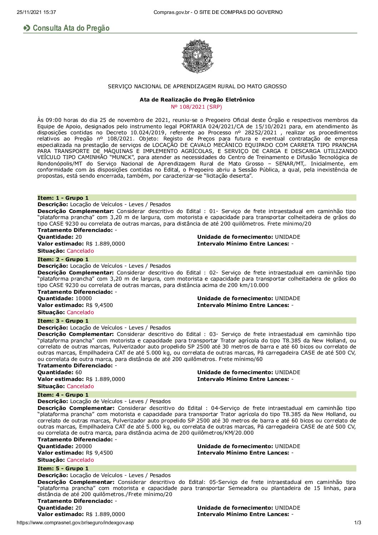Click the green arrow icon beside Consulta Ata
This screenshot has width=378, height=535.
(x=27, y=28)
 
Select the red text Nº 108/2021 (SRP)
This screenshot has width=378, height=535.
(x=197, y=106)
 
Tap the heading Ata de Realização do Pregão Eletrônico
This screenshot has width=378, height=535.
(x=197, y=100)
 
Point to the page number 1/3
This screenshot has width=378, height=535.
(x=357, y=523)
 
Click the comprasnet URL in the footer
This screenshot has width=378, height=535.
(x=75, y=523)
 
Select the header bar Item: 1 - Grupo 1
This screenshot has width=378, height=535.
(x=63, y=198)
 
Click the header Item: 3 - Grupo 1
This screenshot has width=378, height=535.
(x=63, y=321)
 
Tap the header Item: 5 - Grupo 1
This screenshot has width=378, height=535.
(x=63, y=469)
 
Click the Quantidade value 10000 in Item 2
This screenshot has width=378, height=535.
(x=84, y=298)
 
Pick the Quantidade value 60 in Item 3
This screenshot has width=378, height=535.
(x=79, y=372)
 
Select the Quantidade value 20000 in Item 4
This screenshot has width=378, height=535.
(x=84, y=446)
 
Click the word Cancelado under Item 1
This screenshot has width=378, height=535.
(x=80, y=251)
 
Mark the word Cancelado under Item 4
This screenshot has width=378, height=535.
(x=80, y=460)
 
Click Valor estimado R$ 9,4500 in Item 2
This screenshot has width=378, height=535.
(x=99, y=305)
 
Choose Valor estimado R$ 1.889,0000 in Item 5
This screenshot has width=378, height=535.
(x=105, y=514)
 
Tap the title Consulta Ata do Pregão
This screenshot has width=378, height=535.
(x=71, y=28)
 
